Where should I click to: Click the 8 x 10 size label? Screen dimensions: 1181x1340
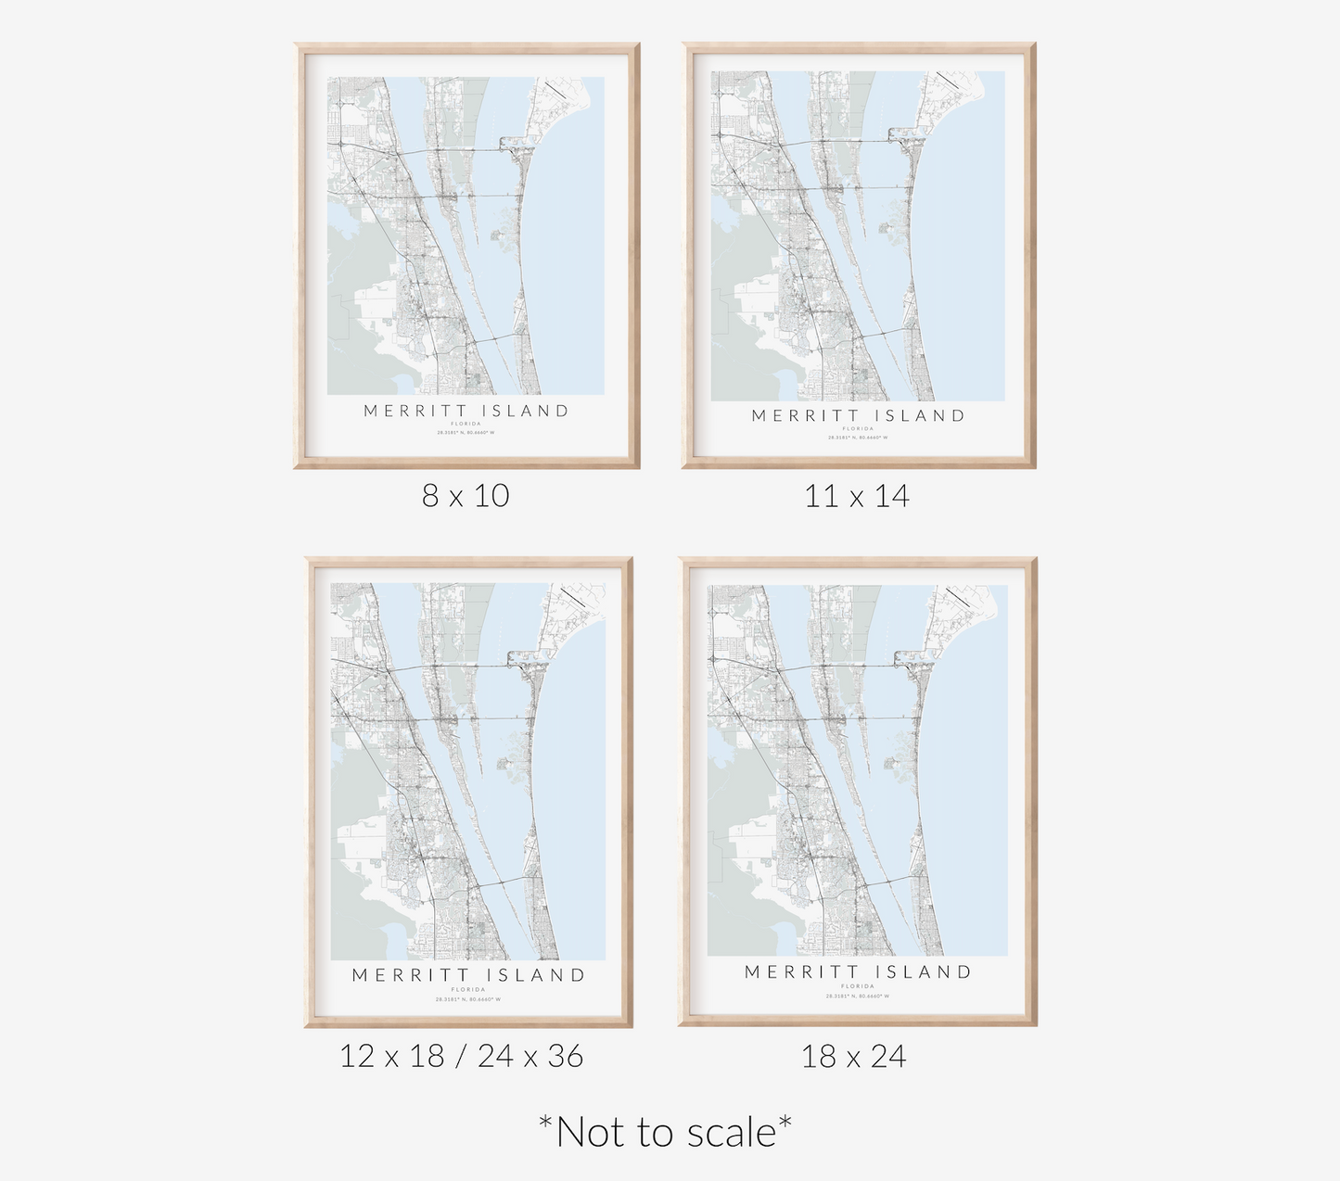(x=466, y=496)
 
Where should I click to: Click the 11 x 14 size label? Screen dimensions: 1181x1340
(x=857, y=496)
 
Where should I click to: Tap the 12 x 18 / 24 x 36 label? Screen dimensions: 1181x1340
(x=461, y=1056)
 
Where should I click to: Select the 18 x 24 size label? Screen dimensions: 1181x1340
(x=853, y=1056)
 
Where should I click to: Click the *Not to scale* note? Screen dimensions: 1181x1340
(x=665, y=1132)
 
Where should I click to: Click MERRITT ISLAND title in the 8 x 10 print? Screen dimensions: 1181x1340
(x=466, y=411)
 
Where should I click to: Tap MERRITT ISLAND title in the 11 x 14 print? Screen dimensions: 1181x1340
(x=858, y=416)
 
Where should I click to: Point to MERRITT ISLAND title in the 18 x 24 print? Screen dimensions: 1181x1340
(x=858, y=972)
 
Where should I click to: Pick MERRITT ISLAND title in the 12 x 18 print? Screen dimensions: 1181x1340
(x=468, y=975)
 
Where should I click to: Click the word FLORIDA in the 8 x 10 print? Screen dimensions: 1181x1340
(x=466, y=424)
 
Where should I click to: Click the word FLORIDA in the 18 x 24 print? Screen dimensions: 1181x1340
(x=858, y=986)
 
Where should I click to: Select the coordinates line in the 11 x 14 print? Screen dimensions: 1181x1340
(x=858, y=438)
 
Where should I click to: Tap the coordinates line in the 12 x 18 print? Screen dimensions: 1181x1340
(x=468, y=999)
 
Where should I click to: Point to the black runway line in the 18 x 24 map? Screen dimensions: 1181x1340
(x=957, y=596)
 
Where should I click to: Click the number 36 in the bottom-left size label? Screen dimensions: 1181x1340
(x=565, y=1056)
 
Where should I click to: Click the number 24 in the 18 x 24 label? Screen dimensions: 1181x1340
(x=888, y=1056)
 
